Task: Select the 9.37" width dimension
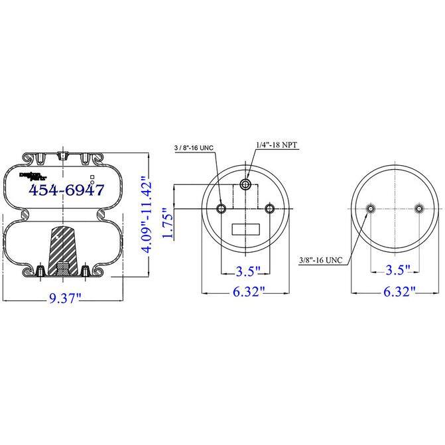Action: coord(64,298)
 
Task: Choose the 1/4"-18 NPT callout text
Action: coord(278,144)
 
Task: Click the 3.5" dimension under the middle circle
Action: coord(246,271)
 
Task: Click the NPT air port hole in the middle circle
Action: coord(246,184)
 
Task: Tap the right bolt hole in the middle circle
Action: coord(270,210)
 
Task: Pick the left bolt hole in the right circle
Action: coord(370,210)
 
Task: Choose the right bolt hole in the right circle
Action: coord(418,210)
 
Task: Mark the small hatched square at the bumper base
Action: coord(62,268)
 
